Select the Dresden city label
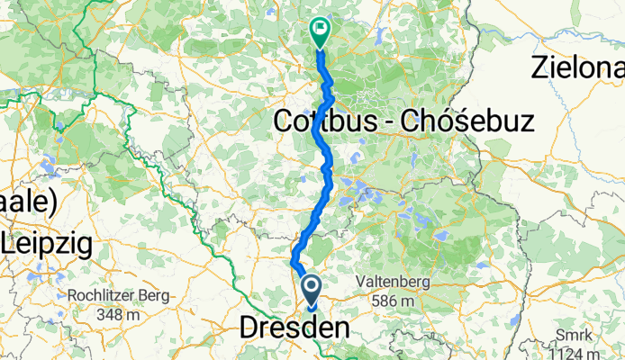pyautogui.click(x=294, y=329)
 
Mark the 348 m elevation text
pyautogui.click(x=115, y=315)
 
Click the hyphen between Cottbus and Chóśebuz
pyautogui.click(x=398, y=122)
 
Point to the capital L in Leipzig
pyautogui.click(x=10, y=242)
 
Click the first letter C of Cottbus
pyautogui.click(x=283, y=121)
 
